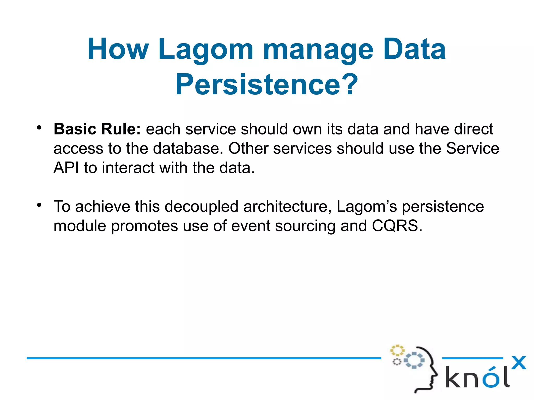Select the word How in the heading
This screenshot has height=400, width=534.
point(118,50)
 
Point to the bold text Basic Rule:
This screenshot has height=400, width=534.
point(97,129)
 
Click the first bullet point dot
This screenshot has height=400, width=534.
point(39,128)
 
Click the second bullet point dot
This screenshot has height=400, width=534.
point(39,205)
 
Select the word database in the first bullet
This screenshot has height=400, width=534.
point(188,148)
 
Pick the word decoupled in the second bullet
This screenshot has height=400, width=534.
point(201,206)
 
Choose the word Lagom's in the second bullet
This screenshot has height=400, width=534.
point(367,206)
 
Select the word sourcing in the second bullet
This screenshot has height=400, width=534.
point(305,226)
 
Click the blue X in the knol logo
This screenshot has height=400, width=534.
point(518,362)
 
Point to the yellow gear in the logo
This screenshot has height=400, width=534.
point(397,350)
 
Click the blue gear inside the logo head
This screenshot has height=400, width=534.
point(414,360)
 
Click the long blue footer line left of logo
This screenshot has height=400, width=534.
point(203,358)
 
